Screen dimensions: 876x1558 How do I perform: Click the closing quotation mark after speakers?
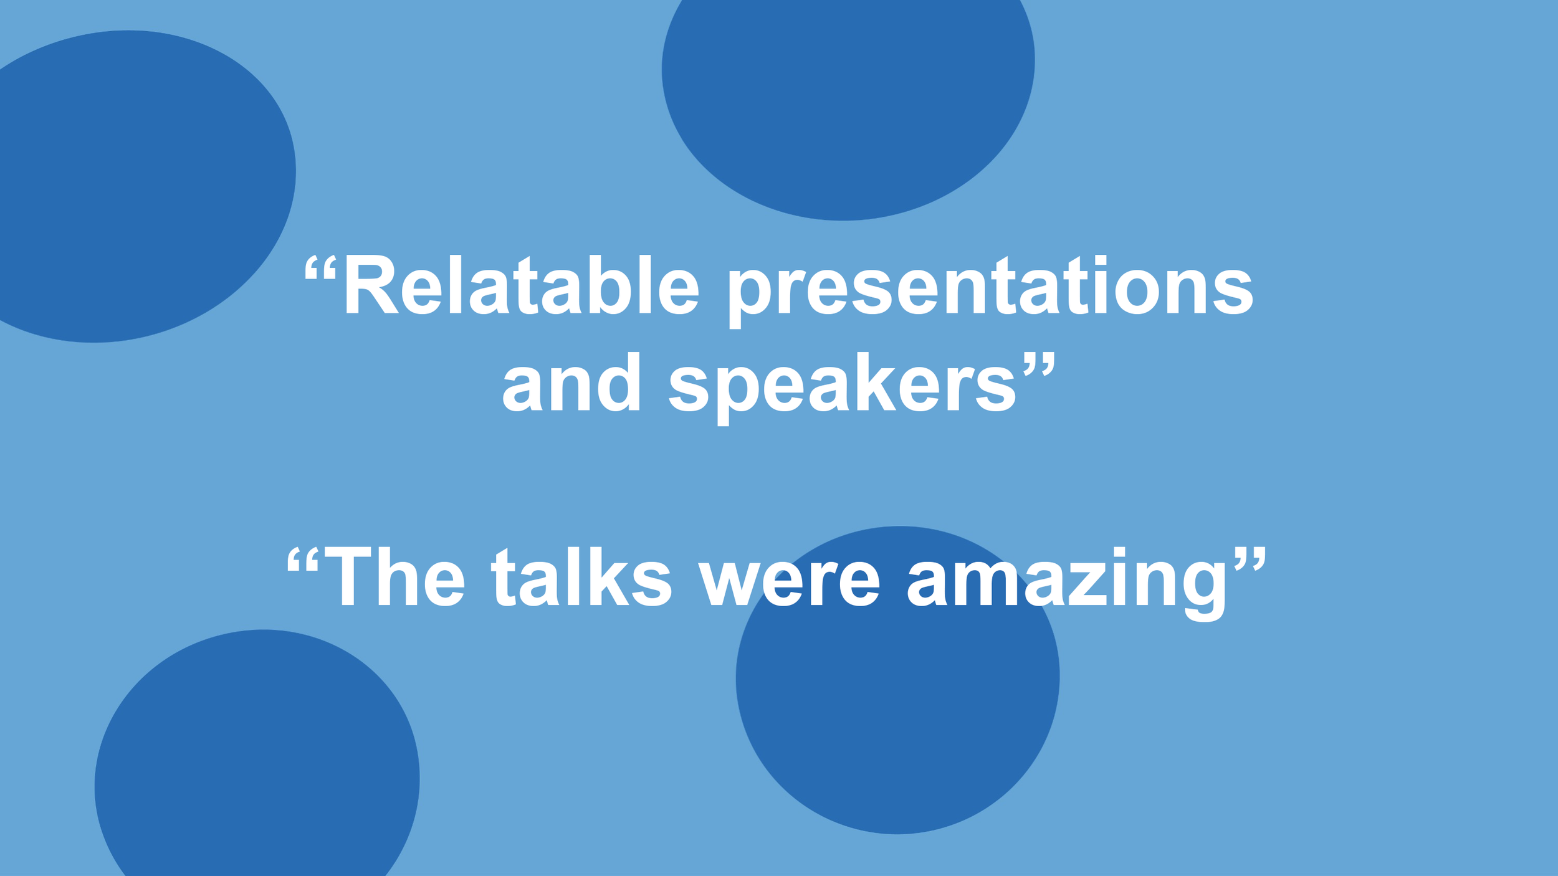tap(1039, 364)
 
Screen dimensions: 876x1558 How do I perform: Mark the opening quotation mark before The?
tap(303, 559)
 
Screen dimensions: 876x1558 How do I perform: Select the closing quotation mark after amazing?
tap(1251, 559)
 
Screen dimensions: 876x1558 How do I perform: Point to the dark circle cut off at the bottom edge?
tap(256, 766)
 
